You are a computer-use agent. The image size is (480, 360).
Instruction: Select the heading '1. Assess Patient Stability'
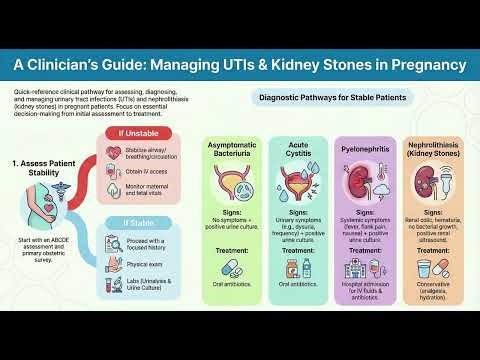[x=48, y=167]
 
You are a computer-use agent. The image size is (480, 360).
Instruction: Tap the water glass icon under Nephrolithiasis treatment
[x=424, y=269]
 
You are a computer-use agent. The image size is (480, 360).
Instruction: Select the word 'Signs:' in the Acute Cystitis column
[x=298, y=213]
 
